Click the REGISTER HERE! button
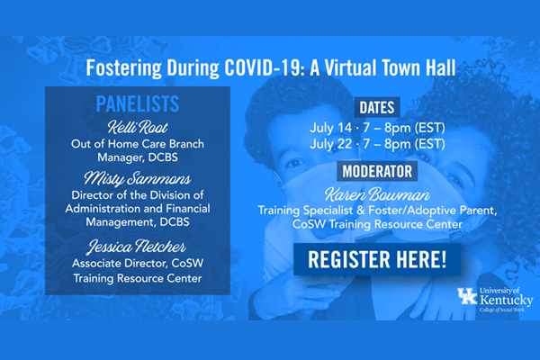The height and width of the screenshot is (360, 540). point(377,259)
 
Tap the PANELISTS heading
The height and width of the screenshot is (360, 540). point(138,103)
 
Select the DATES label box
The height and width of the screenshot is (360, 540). point(377,107)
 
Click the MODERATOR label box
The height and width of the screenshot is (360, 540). point(377,171)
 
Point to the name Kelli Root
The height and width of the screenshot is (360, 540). point(138,127)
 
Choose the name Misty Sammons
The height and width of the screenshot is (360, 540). point(138,178)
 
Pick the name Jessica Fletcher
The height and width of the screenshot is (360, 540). point(137,247)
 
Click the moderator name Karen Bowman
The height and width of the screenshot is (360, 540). point(377,194)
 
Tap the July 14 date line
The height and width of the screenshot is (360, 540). point(377,128)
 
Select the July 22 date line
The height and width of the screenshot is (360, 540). point(377,144)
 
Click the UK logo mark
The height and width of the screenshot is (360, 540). point(467,296)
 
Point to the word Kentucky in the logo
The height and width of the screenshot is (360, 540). point(506,300)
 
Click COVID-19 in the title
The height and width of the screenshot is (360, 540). point(263,67)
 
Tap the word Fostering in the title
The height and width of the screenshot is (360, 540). point(123,67)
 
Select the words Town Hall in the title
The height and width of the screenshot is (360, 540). point(418,67)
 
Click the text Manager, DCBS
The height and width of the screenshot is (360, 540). point(138,157)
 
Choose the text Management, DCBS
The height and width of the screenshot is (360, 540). point(138,222)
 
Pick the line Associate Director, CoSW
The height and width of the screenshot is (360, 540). point(138,263)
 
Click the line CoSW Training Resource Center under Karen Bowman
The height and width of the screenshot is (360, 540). point(377,224)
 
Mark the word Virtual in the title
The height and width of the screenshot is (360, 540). point(350,67)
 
